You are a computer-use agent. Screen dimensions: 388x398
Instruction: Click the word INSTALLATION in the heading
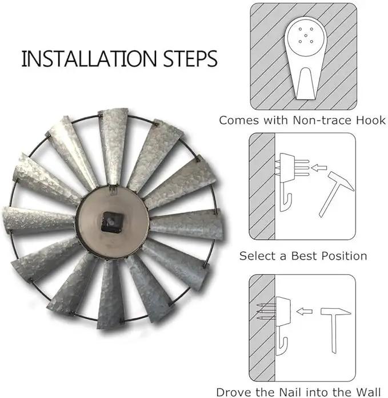[x=89, y=58]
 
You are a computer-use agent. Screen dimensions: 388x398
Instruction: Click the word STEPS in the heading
[x=190, y=58]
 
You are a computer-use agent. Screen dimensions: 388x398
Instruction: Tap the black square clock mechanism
[x=112, y=222]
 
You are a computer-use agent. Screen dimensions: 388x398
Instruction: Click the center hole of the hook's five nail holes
[x=306, y=36]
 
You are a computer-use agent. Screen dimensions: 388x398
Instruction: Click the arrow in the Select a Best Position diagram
[x=319, y=168]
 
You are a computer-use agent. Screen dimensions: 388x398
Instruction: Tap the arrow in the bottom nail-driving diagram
[x=304, y=312]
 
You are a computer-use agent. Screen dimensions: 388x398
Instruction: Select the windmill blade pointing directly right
[x=187, y=225]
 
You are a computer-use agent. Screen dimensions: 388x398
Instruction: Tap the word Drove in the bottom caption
[x=233, y=392]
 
